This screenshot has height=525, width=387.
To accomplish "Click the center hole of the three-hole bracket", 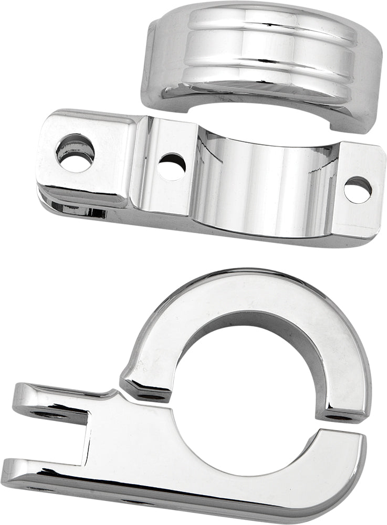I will tap(172, 166).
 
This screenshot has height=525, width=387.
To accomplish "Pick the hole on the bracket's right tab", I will tap(358, 190).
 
